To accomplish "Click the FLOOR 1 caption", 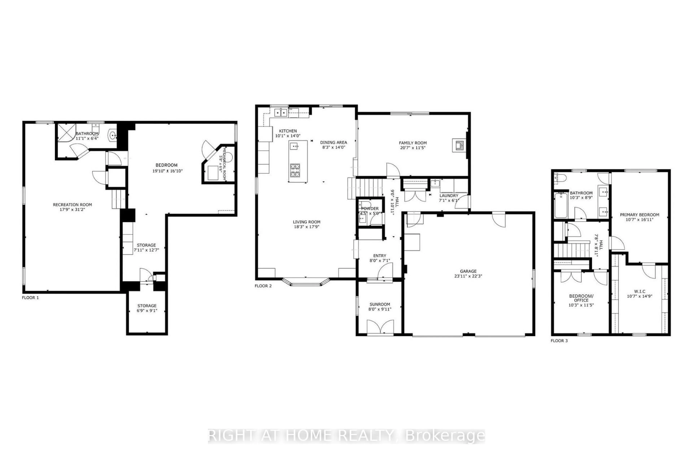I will (30, 298).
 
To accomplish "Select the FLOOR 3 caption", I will (559, 341).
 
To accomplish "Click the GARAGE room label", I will (468, 271).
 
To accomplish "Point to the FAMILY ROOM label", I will (413, 143).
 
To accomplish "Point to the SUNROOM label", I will (380, 304).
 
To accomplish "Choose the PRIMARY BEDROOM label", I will (639, 215).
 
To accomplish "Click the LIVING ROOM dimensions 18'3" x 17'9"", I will (306, 227).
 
